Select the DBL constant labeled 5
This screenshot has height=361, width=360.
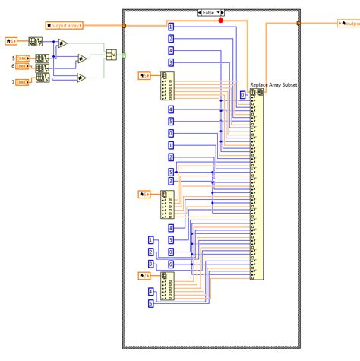click(x=24, y=58)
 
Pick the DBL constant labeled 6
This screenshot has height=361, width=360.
click(x=24, y=67)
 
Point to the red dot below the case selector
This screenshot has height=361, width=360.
click(x=221, y=21)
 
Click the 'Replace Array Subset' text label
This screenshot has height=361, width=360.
click(x=274, y=85)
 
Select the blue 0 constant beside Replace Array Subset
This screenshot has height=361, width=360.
click(x=242, y=95)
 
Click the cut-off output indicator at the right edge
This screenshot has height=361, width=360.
click(x=349, y=23)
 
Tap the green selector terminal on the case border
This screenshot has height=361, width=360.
click(x=123, y=54)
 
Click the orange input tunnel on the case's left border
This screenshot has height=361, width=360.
click(x=123, y=25)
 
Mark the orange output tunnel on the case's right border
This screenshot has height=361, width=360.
click(x=298, y=23)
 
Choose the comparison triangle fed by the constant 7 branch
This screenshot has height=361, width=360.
click(x=81, y=77)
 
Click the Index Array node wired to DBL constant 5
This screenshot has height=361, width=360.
click(x=45, y=58)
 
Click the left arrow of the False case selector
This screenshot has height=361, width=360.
click(x=200, y=12)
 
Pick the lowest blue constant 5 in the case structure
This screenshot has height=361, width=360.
click(x=150, y=303)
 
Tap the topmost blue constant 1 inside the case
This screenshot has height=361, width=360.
click(x=171, y=27)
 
